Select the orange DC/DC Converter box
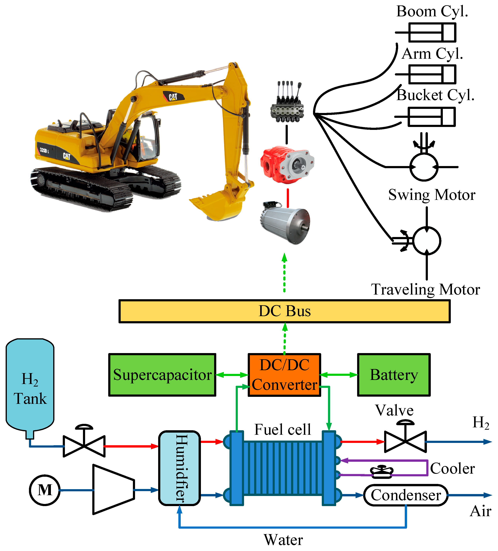284,375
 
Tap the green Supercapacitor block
162,375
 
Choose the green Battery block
394,375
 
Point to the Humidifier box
180,468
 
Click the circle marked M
44,490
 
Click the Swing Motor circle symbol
424,167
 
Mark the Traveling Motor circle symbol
427,241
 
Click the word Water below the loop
283,540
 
